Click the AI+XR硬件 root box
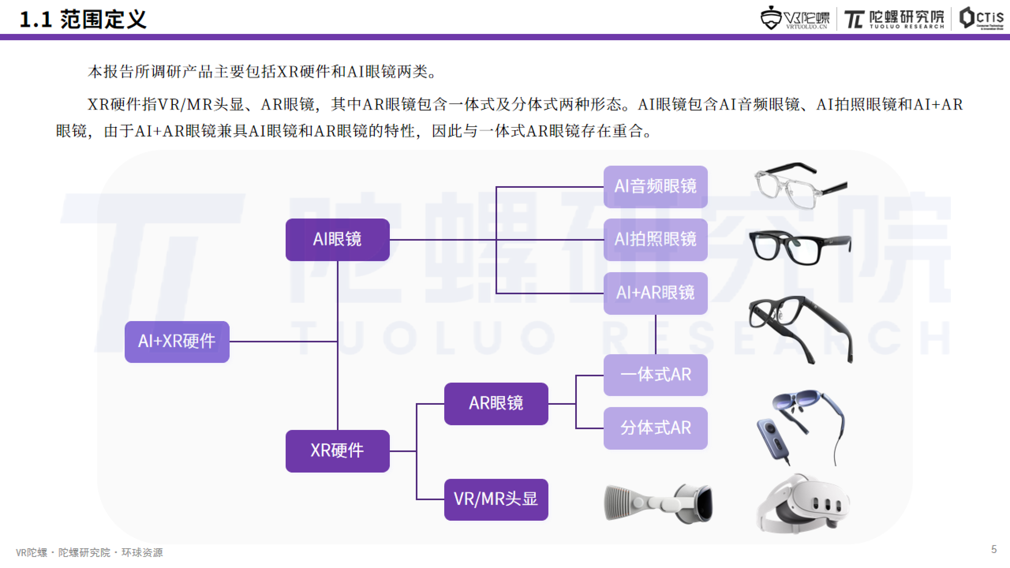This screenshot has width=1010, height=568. click(x=177, y=341)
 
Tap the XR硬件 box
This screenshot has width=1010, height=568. click(x=337, y=451)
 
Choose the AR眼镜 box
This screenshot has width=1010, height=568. click(x=496, y=403)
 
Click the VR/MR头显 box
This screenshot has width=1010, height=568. click(x=496, y=499)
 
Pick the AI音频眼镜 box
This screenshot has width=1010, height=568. click(x=655, y=187)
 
